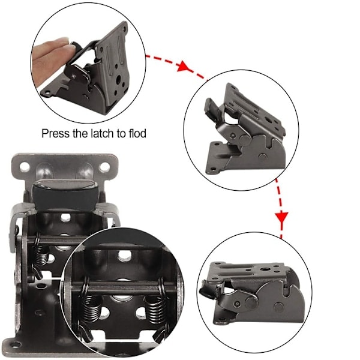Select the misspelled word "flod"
click(x=137, y=133)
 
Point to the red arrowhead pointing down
click(x=281, y=218)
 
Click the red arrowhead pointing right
click(x=183, y=66)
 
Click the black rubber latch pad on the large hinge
click(x=65, y=194)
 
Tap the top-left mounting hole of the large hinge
click(x=25, y=167)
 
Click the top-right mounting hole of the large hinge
click(x=104, y=167)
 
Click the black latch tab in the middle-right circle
click(x=212, y=109)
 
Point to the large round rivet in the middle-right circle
click(x=245, y=140)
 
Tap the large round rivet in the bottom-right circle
click(x=251, y=302)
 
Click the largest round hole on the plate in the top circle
click(x=118, y=79)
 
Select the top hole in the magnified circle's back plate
click(x=125, y=256)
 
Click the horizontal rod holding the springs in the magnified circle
click(x=124, y=287)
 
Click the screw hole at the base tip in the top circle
click(x=47, y=92)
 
